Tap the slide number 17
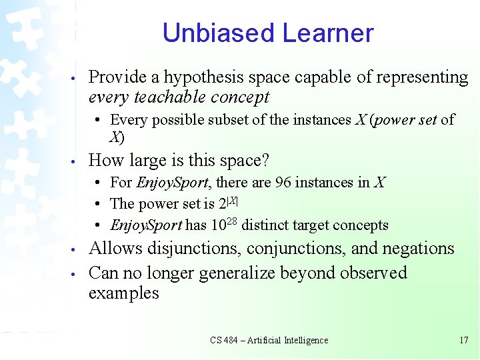[x=464, y=340]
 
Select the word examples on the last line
[x=123, y=293]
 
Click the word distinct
[x=261, y=225]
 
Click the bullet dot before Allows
[x=79, y=250]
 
